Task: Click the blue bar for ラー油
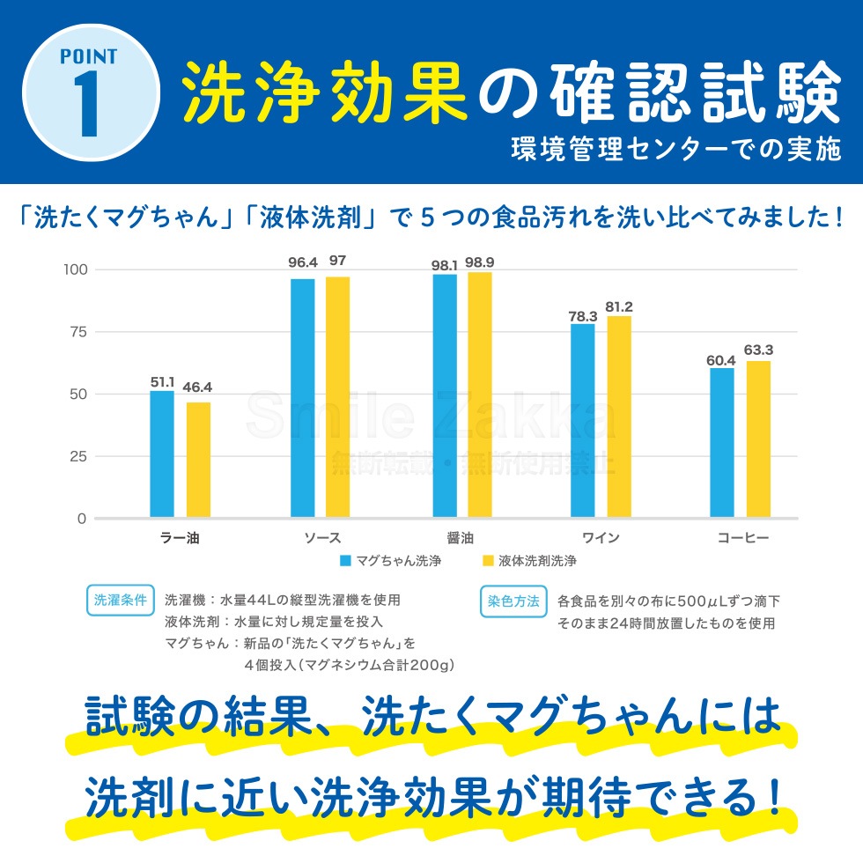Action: click(x=162, y=454)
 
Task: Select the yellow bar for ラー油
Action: click(x=198, y=460)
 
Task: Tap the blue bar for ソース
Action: click(x=302, y=397)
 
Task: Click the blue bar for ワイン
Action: click(x=582, y=420)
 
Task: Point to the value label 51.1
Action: click(x=163, y=382)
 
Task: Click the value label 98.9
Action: click(x=480, y=262)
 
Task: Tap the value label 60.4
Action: click(x=721, y=359)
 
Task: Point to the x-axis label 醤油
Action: click(x=461, y=537)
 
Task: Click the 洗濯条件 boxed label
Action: click(x=121, y=601)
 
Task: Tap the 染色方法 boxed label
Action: click(x=513, y=601)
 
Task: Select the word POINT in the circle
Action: click(x=88, y=57)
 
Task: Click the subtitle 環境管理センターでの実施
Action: click(x=676, y=151)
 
